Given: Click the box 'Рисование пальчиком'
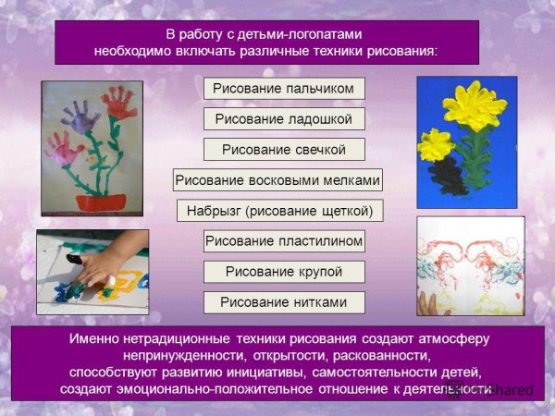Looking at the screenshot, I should point(284,89).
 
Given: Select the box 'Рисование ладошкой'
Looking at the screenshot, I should point(284,119).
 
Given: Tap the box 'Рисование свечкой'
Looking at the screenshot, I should point(284,150).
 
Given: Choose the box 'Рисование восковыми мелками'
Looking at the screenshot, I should point(278,180).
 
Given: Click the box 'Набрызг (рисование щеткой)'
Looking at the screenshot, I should point(279,211).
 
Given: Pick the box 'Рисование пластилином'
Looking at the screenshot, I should point(284,241).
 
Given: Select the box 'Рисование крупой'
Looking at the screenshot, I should point(284,272).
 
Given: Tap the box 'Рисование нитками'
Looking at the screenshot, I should point(284,302).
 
